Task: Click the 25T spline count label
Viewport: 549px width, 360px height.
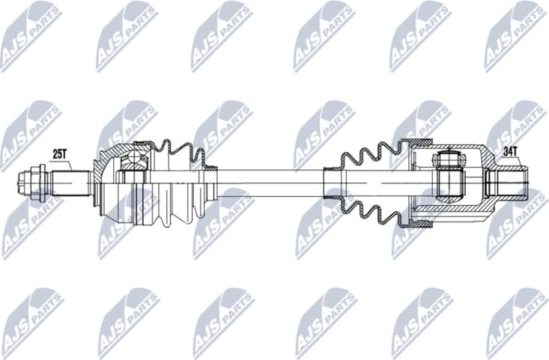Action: [60, 154]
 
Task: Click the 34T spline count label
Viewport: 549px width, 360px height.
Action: [511, 152]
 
